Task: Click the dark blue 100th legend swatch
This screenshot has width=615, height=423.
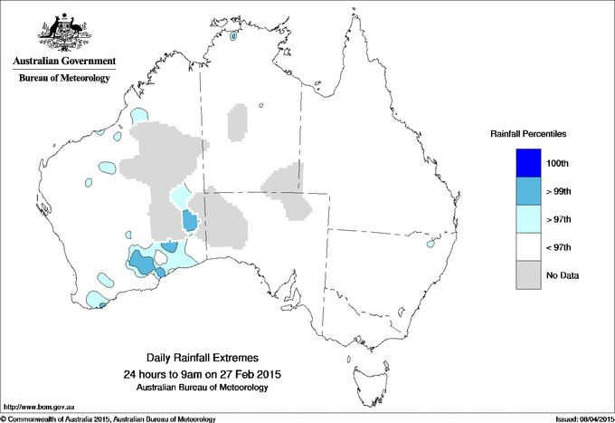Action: coord(527,163)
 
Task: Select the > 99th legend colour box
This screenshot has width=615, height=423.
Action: coord(527,191)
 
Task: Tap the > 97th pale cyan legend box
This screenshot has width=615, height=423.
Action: coord(527,219)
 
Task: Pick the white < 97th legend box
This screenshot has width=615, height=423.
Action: coord(527,247)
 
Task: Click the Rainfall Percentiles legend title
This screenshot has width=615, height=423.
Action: coord(528,134)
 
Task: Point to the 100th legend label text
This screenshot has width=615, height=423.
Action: coord(558,163)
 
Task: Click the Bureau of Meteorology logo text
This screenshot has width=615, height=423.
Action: coord(63,78)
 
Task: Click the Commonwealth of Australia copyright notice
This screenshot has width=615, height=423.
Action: coord(109,418)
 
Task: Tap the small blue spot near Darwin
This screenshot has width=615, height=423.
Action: coord(233,37)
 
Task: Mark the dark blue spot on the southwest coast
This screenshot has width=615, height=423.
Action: coord(101,305)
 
